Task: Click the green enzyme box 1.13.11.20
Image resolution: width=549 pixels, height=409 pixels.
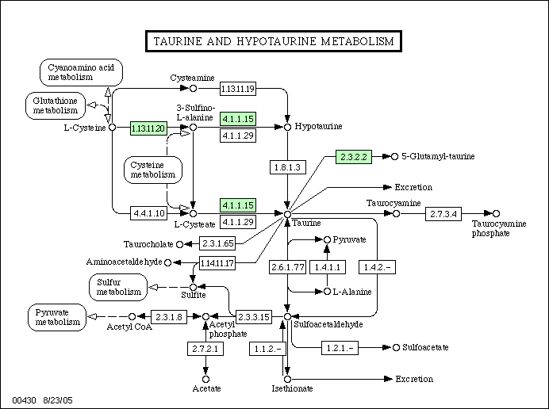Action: click(148, 128)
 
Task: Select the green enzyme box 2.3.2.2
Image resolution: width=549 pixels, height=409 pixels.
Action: click(354, 157)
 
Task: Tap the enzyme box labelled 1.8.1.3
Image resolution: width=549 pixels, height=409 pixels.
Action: click(287, 167)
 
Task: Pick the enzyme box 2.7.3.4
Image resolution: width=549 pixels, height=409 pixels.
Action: click(443, 214)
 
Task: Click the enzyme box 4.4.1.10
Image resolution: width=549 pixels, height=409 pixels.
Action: click(149, 213)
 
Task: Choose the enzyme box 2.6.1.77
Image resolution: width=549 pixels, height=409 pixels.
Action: click(287, 267)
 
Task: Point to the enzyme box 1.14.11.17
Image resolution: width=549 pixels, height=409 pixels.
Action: click(217, 263)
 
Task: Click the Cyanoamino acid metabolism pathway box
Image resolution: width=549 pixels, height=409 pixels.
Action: click(81, 72)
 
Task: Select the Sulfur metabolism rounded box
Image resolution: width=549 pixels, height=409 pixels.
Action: click(118, 287)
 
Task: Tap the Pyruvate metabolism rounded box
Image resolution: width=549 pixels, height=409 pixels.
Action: click(57, 317)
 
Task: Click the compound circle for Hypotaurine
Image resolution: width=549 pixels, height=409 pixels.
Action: click(287, 128)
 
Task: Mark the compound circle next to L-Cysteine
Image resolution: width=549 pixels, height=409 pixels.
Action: click(112, 128)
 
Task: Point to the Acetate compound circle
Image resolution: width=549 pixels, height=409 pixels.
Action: click(206, 379)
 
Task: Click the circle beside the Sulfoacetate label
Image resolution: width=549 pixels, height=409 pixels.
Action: click(396, 347)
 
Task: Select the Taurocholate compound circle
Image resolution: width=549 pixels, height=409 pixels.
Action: click(179, 245)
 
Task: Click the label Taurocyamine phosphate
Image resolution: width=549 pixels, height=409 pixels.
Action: click(499, 228)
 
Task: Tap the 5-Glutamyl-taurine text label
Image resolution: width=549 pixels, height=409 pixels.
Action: click(438, 156)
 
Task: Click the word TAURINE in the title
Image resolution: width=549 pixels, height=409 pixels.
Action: click(178, 41)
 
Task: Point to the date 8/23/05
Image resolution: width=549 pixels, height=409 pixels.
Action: click(58, 400)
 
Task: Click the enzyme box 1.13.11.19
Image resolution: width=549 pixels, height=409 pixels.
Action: click(238, 89)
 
